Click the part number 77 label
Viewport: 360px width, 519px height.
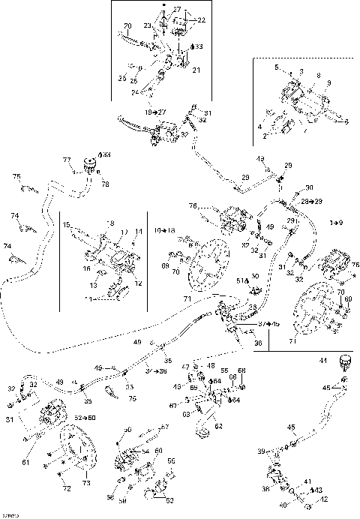66,160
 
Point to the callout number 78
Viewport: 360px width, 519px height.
105,184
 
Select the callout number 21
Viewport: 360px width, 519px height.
196,70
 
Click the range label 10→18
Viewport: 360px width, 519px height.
166,229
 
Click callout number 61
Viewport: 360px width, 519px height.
25,462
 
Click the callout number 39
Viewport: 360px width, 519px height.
261,451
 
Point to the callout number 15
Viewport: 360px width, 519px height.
67,224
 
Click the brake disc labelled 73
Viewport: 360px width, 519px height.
79,450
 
